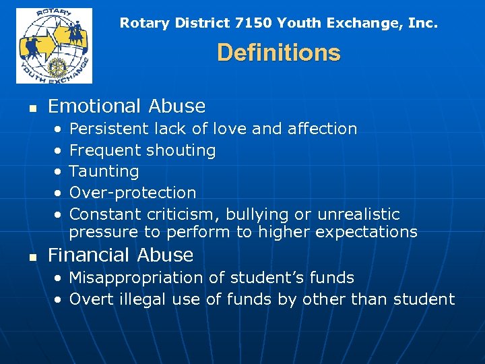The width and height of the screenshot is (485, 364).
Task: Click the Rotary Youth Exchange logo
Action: tap(54, 45)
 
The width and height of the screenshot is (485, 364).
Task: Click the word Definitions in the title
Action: tap(278, 53)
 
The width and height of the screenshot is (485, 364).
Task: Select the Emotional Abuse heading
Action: tap(127, 106)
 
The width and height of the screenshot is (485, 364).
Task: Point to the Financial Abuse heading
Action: tap(121, 255)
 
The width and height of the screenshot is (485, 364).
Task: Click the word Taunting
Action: tap(104, 171)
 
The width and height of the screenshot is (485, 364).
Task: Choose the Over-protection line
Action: tap(133, 193)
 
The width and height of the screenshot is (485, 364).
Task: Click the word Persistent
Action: tap(109, 129)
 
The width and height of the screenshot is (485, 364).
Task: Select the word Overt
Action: tap(90, 299)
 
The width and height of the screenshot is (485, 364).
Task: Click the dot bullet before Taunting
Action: tap(59, 172)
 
